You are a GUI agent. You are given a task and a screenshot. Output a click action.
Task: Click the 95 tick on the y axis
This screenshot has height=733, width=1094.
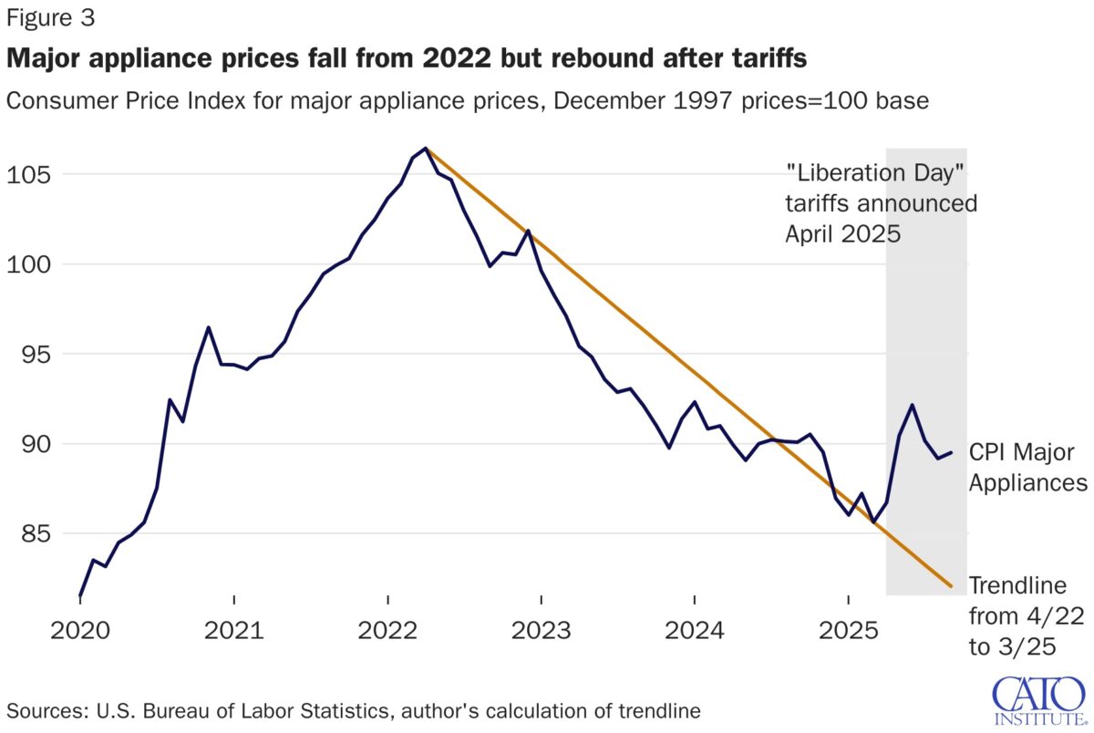coord(30,354)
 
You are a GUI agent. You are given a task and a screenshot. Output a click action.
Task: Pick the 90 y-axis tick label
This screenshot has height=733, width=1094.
coord(30,444)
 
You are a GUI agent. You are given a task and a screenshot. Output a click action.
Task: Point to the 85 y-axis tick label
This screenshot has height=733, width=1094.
coord(30,533)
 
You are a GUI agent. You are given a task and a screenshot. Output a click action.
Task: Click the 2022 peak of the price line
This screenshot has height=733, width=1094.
coord(426,149)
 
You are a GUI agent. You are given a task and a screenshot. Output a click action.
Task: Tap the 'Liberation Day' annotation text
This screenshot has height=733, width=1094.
coord(881,201)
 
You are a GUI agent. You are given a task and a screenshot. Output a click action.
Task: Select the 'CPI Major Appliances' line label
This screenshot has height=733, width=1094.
coord(1027,468)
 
